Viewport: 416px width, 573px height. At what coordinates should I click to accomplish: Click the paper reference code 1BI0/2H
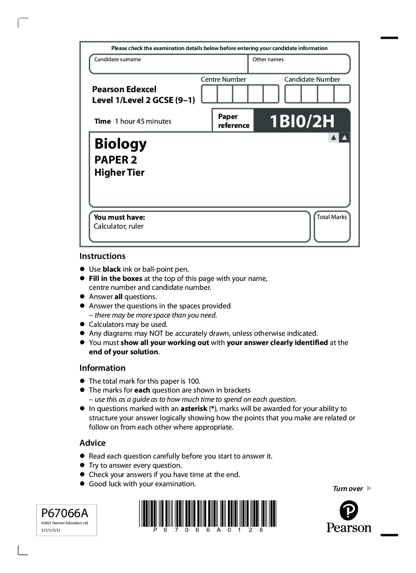[x=302, y=121]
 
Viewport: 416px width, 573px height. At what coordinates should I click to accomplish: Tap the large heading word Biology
[x=121, y=144]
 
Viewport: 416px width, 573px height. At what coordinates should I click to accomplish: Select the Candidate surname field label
[x=117, y=60]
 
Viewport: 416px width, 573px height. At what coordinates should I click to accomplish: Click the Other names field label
[x=268, y=60]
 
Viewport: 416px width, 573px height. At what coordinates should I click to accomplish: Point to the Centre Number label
[x=223, y=79]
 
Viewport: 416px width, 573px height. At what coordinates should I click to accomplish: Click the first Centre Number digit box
[x=209, y=94]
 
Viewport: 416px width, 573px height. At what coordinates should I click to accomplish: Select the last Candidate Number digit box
[x=342, y=94]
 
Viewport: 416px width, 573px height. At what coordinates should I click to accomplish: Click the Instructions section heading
[x=102, y=256]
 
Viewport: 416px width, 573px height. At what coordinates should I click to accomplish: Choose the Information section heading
[x=102, y=368]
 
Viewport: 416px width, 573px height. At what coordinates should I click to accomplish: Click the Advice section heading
[x=93, y=443]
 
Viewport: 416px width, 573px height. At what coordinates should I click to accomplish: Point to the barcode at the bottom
[x=208, y=513]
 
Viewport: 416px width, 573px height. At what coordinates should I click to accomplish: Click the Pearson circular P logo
[x=349, y=511]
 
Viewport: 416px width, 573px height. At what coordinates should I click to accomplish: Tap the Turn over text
[x=348, y=489]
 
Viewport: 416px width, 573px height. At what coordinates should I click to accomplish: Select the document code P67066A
[x=65, y=513]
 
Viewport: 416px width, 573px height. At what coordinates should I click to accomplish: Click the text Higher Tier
[x=119, y=173]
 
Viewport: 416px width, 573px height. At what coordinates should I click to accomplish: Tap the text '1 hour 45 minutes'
[x=143, y=121]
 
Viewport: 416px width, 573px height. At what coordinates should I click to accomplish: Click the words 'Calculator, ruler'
[x=118, y=226]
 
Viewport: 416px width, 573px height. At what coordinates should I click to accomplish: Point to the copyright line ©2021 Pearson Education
[x=65, y=523]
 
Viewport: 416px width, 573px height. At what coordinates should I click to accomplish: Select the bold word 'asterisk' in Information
[x=194, y=409]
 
